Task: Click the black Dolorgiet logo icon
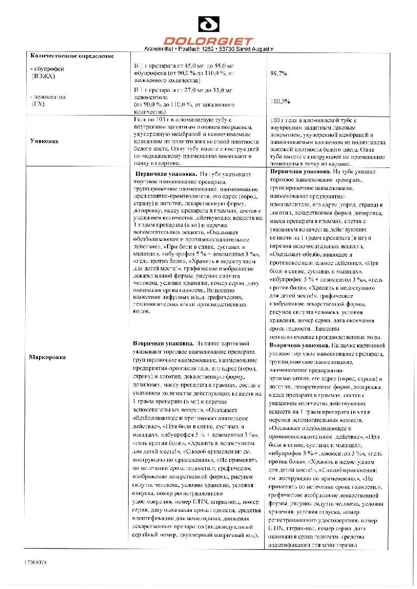[208, 24]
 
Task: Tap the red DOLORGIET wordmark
[208, 40]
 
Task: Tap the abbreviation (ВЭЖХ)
[43, 76]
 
